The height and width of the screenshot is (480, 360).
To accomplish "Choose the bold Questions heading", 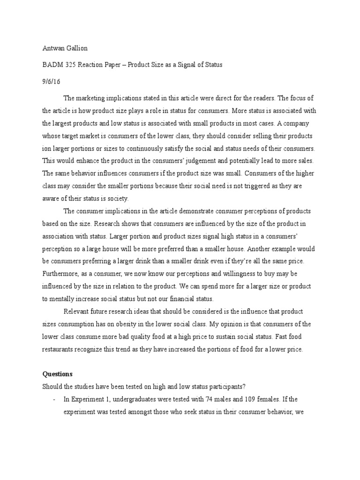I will (58, 374).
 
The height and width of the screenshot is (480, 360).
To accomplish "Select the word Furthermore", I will (61, 273).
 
